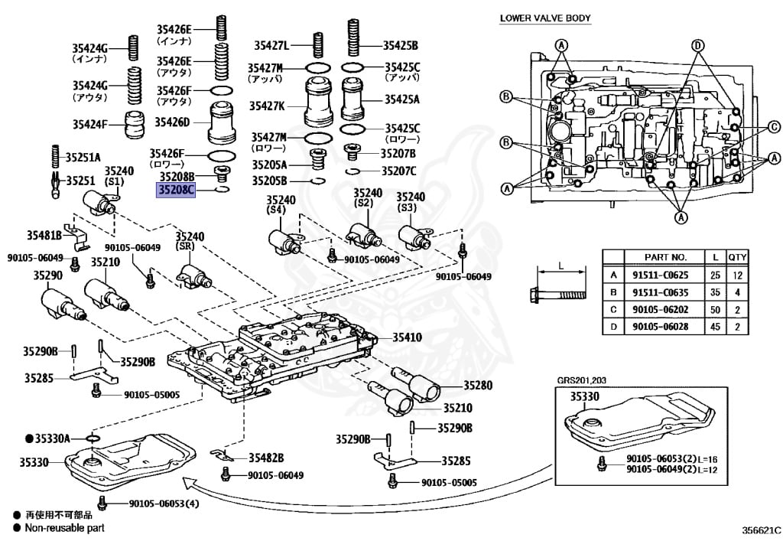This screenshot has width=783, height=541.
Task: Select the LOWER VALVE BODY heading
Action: pos(544,18)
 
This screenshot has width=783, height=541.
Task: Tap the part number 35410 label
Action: pos(407,336)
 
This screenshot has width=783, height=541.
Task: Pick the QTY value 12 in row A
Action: pos(737,275)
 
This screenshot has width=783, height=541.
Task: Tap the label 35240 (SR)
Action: pos(192,242)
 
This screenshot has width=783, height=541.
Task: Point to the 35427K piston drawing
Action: pos(317,105)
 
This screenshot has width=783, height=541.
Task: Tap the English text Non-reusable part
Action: pos(64,527)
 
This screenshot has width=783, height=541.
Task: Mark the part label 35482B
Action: pos(265,458)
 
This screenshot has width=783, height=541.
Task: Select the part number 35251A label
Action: pos(83,157)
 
